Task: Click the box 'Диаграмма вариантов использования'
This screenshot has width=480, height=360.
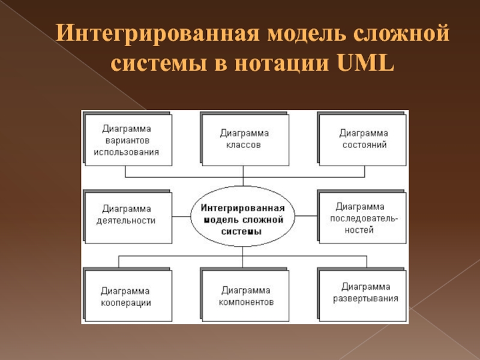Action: (127, 140)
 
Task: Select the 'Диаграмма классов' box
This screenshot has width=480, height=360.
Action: (244, 139)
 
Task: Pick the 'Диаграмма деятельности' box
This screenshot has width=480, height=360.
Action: (127, 214)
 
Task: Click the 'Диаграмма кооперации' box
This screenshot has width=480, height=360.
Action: (127, 295)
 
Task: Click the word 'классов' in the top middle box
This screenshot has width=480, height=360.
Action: (244, 146)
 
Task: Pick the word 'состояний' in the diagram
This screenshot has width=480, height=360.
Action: (364, 145)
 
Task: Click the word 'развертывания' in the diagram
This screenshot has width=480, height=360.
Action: (365, 298)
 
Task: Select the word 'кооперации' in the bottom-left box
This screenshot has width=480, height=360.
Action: (127, 302)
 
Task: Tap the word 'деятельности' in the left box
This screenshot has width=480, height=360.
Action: (127, 220)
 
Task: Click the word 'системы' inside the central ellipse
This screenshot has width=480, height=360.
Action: (242, 231)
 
